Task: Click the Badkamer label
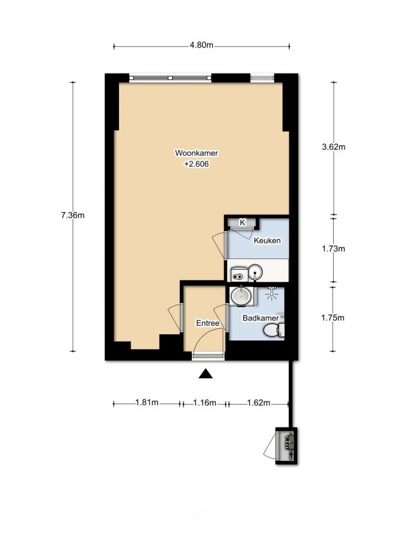coord(259,318)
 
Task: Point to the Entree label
coord(208,323)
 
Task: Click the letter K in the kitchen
coord(243,223)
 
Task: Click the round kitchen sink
coord(256,273)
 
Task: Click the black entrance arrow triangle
coord(206,375)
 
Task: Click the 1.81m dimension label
coord(146,403)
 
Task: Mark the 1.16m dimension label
coord(205,403)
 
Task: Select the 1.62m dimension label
coord(259,403)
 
